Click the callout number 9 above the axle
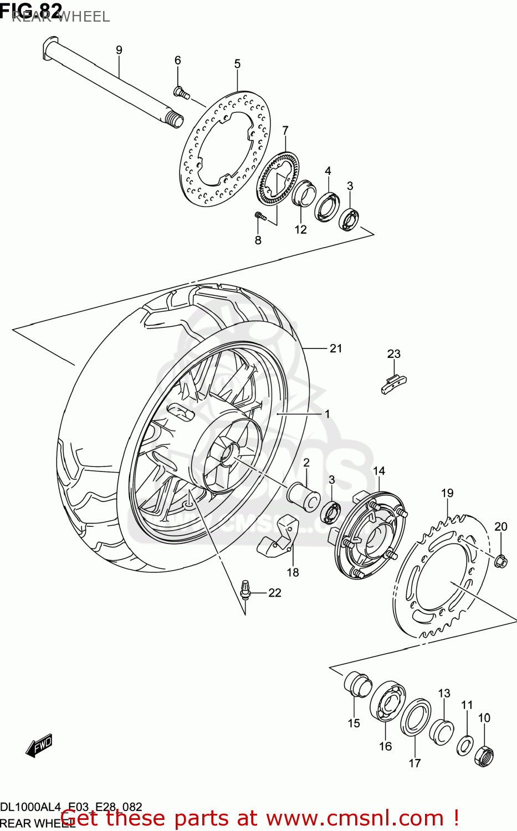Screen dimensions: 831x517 click(x=119, y=50)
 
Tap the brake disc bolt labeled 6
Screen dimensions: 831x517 click(x=181, y=93)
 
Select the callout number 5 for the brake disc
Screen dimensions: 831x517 click(x=237, y=64)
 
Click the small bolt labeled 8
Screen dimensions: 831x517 click(x=260, y=216)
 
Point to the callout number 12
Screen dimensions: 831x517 click(x=300, y=229)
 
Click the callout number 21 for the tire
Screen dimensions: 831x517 click(x=336, y=348)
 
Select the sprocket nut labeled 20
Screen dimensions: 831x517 click(x=500, y=561)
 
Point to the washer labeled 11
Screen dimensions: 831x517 click(x=464, y=746)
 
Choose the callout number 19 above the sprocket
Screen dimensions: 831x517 click(x=447, y=493)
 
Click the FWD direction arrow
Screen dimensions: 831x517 click(x=39, y=746)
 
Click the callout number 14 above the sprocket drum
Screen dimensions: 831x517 click(x=379, y=471)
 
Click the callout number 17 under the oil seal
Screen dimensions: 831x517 click(x=414, y=763)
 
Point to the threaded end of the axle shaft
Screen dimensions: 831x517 click(x=174, y=120)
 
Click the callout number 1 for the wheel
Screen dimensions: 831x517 click(x=327, y=414)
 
